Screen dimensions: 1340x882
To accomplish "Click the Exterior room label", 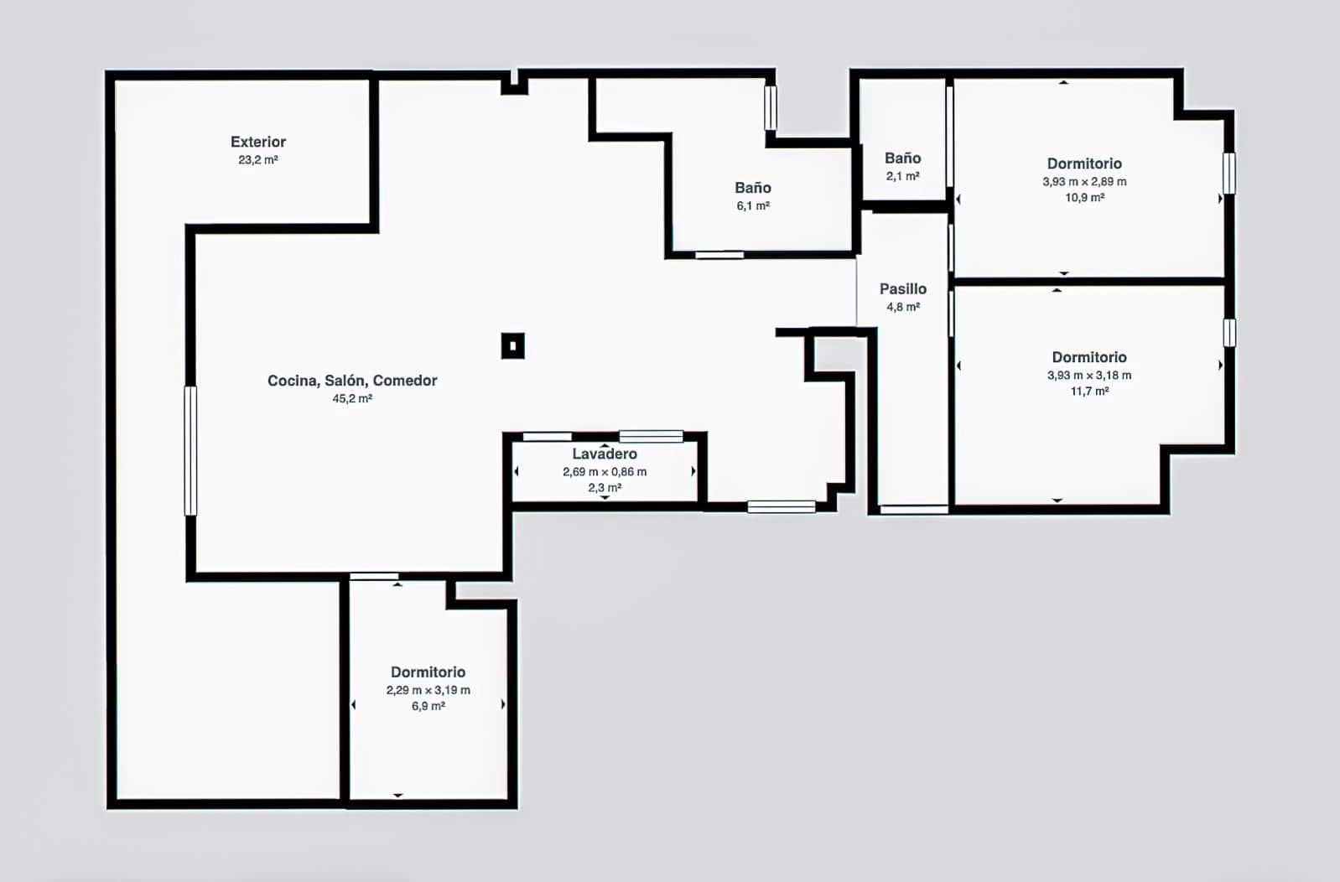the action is [258, 142].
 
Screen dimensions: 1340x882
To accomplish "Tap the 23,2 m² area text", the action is [258, 159].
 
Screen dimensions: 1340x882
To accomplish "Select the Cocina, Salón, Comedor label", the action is [352, 381].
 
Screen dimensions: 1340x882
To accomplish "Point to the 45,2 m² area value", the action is [352, 398].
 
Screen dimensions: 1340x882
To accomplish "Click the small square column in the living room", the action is [512, 345].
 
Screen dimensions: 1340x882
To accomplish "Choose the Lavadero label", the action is [605, 454].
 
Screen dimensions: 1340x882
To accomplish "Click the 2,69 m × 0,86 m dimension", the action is [605, 472].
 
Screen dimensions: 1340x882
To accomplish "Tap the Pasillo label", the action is [903, 288].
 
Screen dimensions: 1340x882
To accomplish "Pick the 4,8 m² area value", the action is [903, 307].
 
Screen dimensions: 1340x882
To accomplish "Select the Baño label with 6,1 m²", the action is [752, 188].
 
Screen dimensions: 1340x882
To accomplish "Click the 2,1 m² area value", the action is [903, 176].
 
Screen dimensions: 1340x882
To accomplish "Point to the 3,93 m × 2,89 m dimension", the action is [1084, 181].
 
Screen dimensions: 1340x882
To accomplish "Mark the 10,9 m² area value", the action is [1084, 197].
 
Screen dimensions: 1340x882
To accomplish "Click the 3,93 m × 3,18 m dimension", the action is [1088, 375].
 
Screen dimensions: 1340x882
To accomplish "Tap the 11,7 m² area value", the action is [1089, 391].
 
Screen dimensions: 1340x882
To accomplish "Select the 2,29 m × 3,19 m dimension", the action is [428, 690].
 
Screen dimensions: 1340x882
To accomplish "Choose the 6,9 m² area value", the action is [428, 706].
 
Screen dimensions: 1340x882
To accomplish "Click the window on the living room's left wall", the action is [190, 451].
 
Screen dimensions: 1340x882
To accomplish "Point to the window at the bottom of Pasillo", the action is [914, 510].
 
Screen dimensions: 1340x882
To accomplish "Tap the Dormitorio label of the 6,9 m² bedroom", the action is [428, 672].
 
